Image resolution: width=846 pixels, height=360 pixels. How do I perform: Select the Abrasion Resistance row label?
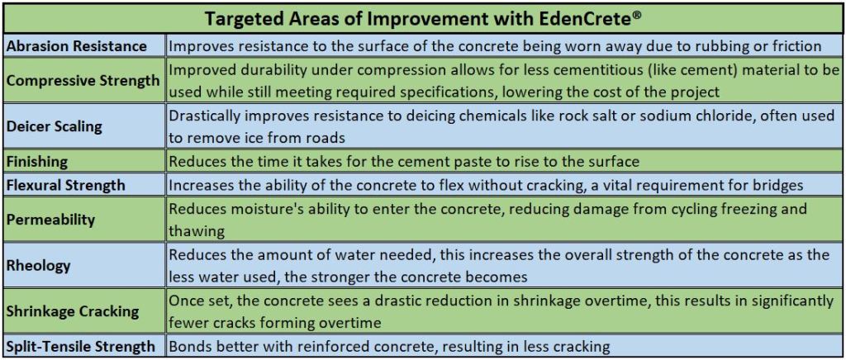pos(77,46)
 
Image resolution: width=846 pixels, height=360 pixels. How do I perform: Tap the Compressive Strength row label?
pos(83,81)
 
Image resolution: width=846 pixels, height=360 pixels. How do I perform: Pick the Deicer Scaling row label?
pos(55,127)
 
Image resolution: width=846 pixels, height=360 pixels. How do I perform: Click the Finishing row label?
pos(38,162)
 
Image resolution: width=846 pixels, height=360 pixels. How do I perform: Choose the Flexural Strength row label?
pos(66,184)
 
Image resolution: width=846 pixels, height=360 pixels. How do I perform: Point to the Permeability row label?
pos(50,219)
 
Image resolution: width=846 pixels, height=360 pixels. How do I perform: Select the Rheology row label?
pos(38,265)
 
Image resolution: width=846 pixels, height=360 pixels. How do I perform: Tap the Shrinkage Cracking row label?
pos(73,311)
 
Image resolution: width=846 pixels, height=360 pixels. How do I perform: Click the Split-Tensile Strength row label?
pos(81,346)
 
